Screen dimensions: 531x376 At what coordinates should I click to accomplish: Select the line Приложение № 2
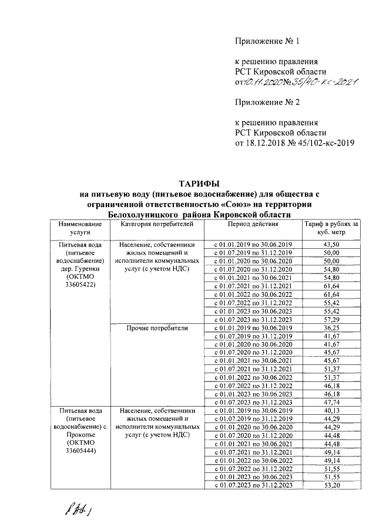point(267,102)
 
